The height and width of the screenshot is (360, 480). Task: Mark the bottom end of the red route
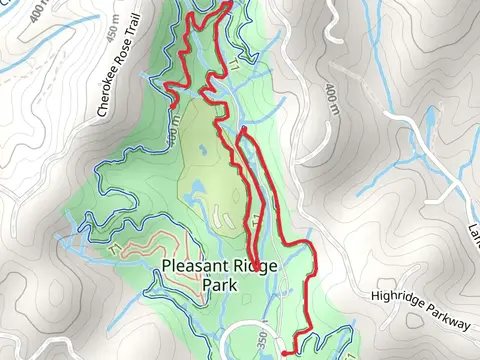click(x=285, y=352)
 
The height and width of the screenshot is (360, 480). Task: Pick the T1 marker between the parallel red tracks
click(x=256, y=219)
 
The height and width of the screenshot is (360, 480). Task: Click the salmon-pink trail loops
click(x=150, y=245)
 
